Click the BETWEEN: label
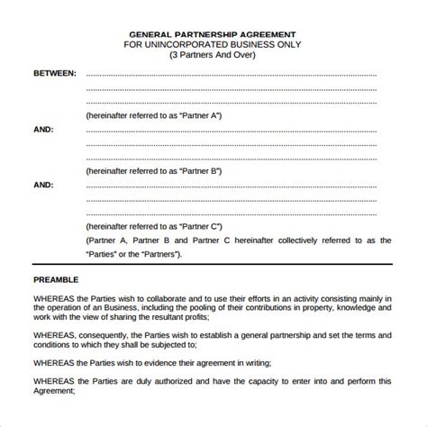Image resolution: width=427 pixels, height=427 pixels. pyautogui.click(x=55, y=75)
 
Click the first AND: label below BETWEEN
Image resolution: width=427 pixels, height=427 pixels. pyautogui.click(x=43, y=129)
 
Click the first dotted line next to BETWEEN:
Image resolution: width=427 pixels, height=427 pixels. pyautogui.click(x=239, y=75)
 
